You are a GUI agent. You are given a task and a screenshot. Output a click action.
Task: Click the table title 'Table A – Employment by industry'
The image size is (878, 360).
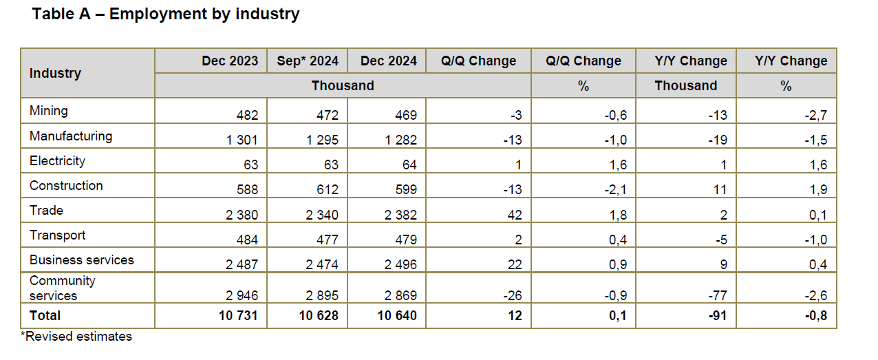165,14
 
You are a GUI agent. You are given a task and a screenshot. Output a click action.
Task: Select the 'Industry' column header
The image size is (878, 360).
55,74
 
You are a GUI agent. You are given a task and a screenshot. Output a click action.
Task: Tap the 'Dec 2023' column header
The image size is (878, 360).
230,61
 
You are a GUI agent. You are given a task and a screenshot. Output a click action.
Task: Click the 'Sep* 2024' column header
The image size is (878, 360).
308,61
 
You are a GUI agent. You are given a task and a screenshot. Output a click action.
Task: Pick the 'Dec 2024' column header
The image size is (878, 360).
389,61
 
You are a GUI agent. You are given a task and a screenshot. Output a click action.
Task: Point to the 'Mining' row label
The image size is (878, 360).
49,111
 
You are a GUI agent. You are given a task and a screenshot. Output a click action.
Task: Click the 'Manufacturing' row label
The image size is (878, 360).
71,136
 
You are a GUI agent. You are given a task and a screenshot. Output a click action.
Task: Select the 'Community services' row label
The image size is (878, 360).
63,288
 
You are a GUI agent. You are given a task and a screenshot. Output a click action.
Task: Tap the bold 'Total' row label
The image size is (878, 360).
45,316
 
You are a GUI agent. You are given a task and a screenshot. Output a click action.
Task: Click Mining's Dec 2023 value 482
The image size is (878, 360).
247,115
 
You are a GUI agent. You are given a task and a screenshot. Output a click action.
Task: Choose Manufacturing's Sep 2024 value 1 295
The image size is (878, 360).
322,140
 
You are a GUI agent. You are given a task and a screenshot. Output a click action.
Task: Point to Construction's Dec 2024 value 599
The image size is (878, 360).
406,190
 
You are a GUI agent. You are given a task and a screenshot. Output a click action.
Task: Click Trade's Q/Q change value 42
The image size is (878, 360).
515,215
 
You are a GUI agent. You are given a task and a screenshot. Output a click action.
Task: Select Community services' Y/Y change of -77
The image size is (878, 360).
718,295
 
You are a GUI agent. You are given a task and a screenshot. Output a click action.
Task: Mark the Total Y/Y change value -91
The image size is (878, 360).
718,316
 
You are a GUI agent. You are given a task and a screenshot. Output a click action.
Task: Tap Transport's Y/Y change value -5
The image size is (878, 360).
721,240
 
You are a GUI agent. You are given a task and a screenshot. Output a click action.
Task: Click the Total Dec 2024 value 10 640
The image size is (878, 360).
397,316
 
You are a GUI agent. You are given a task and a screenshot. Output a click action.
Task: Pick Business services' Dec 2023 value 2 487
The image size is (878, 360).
242,265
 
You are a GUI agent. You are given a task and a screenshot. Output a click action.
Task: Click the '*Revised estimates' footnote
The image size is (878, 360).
76,337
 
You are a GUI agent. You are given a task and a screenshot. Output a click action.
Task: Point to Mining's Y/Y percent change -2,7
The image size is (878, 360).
816,115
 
